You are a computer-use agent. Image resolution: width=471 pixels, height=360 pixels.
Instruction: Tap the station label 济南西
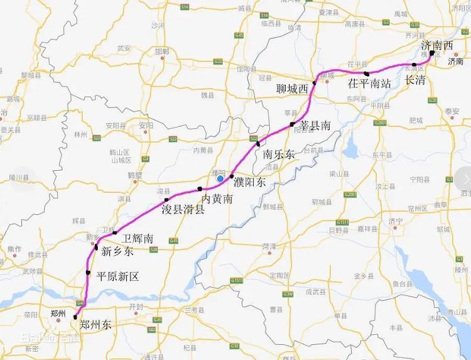(x=437, y=45)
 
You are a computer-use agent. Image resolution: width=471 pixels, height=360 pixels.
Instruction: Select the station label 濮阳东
(x=249, y=183)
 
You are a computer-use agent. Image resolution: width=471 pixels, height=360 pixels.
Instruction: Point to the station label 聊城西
(x=293, y=89)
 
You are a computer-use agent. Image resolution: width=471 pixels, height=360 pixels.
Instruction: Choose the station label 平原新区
(x=117, y=276)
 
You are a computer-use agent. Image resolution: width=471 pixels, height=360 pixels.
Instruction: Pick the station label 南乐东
(x=279, y=154)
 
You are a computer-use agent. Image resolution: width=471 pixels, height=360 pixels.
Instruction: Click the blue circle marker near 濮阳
(x=220, y=178)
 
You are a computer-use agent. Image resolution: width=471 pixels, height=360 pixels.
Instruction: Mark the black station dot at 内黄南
(x=200, y=188)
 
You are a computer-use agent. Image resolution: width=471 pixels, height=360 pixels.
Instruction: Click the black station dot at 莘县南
(x=292, y=126)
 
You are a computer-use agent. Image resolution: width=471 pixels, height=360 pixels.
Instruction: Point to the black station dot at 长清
(x=414, y=65)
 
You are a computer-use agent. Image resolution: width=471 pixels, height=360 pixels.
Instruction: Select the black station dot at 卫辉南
(x=115, y=233)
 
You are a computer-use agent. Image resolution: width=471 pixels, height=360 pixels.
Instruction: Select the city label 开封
(x=136, y=306)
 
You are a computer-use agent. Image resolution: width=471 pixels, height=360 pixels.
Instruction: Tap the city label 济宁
(x=395, y=221)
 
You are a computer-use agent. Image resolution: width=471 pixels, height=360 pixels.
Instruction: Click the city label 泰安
(x=452, y=111)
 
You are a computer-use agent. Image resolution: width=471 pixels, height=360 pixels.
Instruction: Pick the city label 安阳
(x=146, y=125)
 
